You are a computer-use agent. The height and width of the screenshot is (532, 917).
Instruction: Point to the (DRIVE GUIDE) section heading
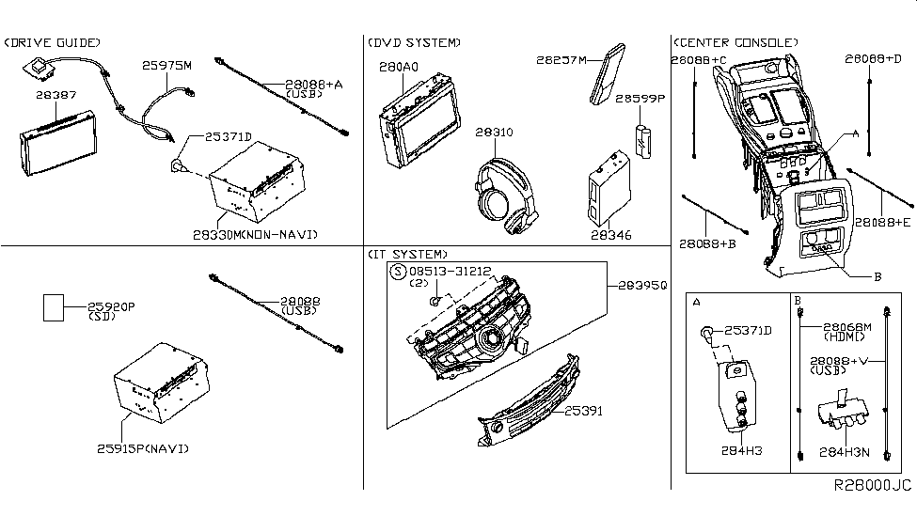point(53,43)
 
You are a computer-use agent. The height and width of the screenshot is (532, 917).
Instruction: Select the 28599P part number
point(640,98)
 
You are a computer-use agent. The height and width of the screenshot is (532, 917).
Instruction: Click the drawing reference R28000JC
point(872,486)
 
